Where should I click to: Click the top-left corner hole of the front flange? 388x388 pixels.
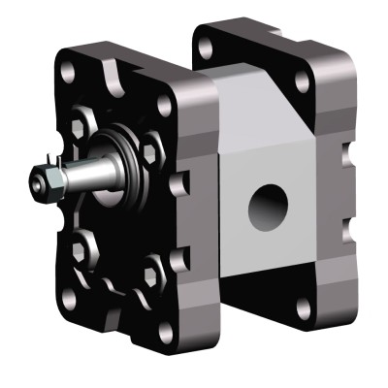(x=69, y=74)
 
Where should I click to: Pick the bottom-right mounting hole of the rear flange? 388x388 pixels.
(x=304, y=309)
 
